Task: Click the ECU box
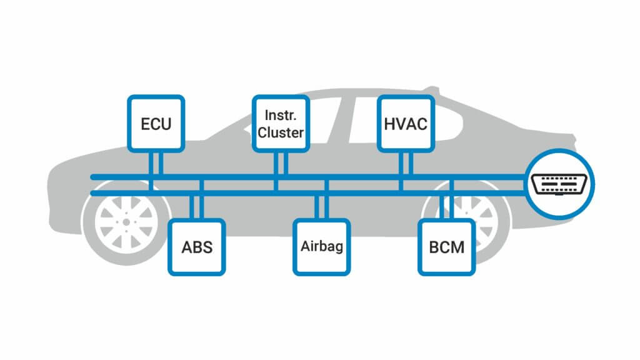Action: click(x=156, y=123)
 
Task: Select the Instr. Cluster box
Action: click(x=281, y=123)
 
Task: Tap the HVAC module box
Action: click(x=406, y=123)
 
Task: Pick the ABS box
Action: click(x=197, y=247)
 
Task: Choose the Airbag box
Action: click(x=322, y=246)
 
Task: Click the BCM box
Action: click(x=447, y=247)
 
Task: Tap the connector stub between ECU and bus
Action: click(x=156, y=164)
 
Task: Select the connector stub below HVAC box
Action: click(x=406, y=164)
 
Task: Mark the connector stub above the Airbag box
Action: click(x=322, y=206)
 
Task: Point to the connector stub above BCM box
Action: click(x=447, y=206)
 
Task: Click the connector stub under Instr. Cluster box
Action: click(x=281, y=164)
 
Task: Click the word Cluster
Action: click(x=281, y=132)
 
